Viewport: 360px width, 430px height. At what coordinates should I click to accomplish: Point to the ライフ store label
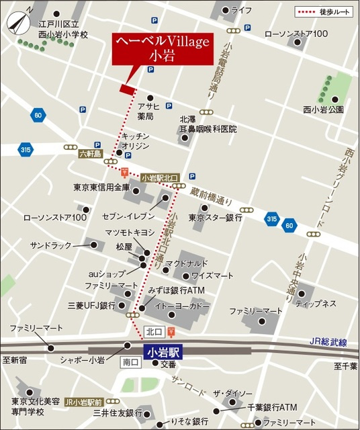point(241,10)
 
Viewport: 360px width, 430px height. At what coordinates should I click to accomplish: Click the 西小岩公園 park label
point(323,109)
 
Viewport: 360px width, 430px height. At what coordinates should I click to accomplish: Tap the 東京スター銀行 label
point(215,218)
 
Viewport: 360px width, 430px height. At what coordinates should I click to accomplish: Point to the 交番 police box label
point(168,363)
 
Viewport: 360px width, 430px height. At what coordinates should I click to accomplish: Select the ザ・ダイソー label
point(232,394)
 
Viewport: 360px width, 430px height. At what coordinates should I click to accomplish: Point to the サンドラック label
point(50,246)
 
